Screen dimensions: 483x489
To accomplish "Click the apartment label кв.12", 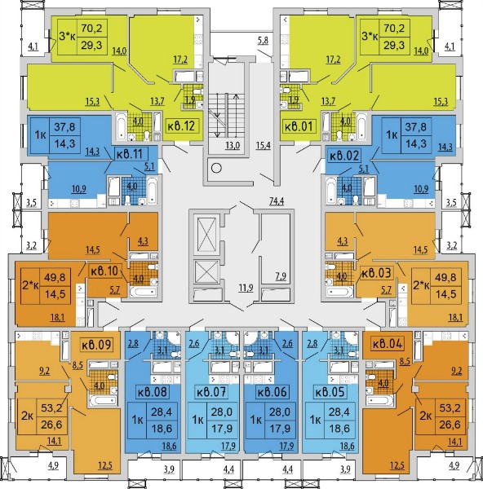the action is click(181, 126).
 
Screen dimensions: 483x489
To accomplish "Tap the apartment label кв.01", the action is click(299, 126).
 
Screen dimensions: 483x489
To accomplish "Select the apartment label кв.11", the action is click(129, 154).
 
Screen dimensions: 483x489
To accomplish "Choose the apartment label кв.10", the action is click(104, 271).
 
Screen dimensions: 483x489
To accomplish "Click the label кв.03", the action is click(376, 273).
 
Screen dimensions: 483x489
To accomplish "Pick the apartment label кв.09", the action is click(96, 345).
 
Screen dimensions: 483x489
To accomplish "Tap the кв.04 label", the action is click(388, 344).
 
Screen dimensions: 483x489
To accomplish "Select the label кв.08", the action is click(153, 392).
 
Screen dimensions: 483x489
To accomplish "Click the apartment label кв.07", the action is click(211, 392).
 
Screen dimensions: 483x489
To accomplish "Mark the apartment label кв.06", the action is click(272, 392).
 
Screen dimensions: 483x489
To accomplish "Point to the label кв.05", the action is click(330, 392).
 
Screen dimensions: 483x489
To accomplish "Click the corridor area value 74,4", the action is click(277, 201).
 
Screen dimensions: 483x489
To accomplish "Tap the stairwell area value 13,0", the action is click(233, 145).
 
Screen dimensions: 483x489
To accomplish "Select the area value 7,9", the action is click(281, 276).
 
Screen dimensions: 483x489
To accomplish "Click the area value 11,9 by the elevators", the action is click(246, 288).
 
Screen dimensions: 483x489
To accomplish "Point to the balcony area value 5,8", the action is click(263, 41).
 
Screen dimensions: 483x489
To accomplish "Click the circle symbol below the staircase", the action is click(216, 168).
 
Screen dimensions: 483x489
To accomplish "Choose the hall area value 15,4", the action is click(264, 145).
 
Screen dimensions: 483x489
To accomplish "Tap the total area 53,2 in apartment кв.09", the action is click(51, 407).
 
